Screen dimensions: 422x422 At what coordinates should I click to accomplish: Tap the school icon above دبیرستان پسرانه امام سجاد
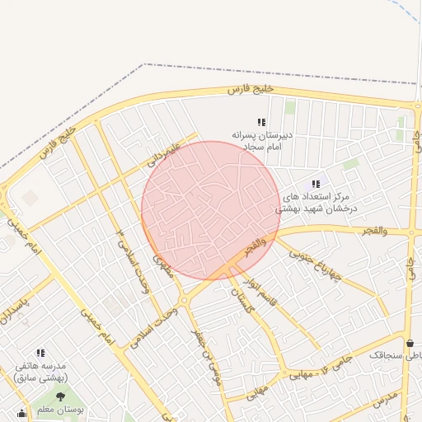[261, 123]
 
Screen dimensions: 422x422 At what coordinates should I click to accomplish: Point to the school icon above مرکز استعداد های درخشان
[316, 184]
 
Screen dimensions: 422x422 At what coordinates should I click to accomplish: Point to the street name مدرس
[385, 398]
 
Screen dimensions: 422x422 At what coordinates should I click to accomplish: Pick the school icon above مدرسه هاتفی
[40, 353]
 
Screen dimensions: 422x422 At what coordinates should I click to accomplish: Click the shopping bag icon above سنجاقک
[410, 343]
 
